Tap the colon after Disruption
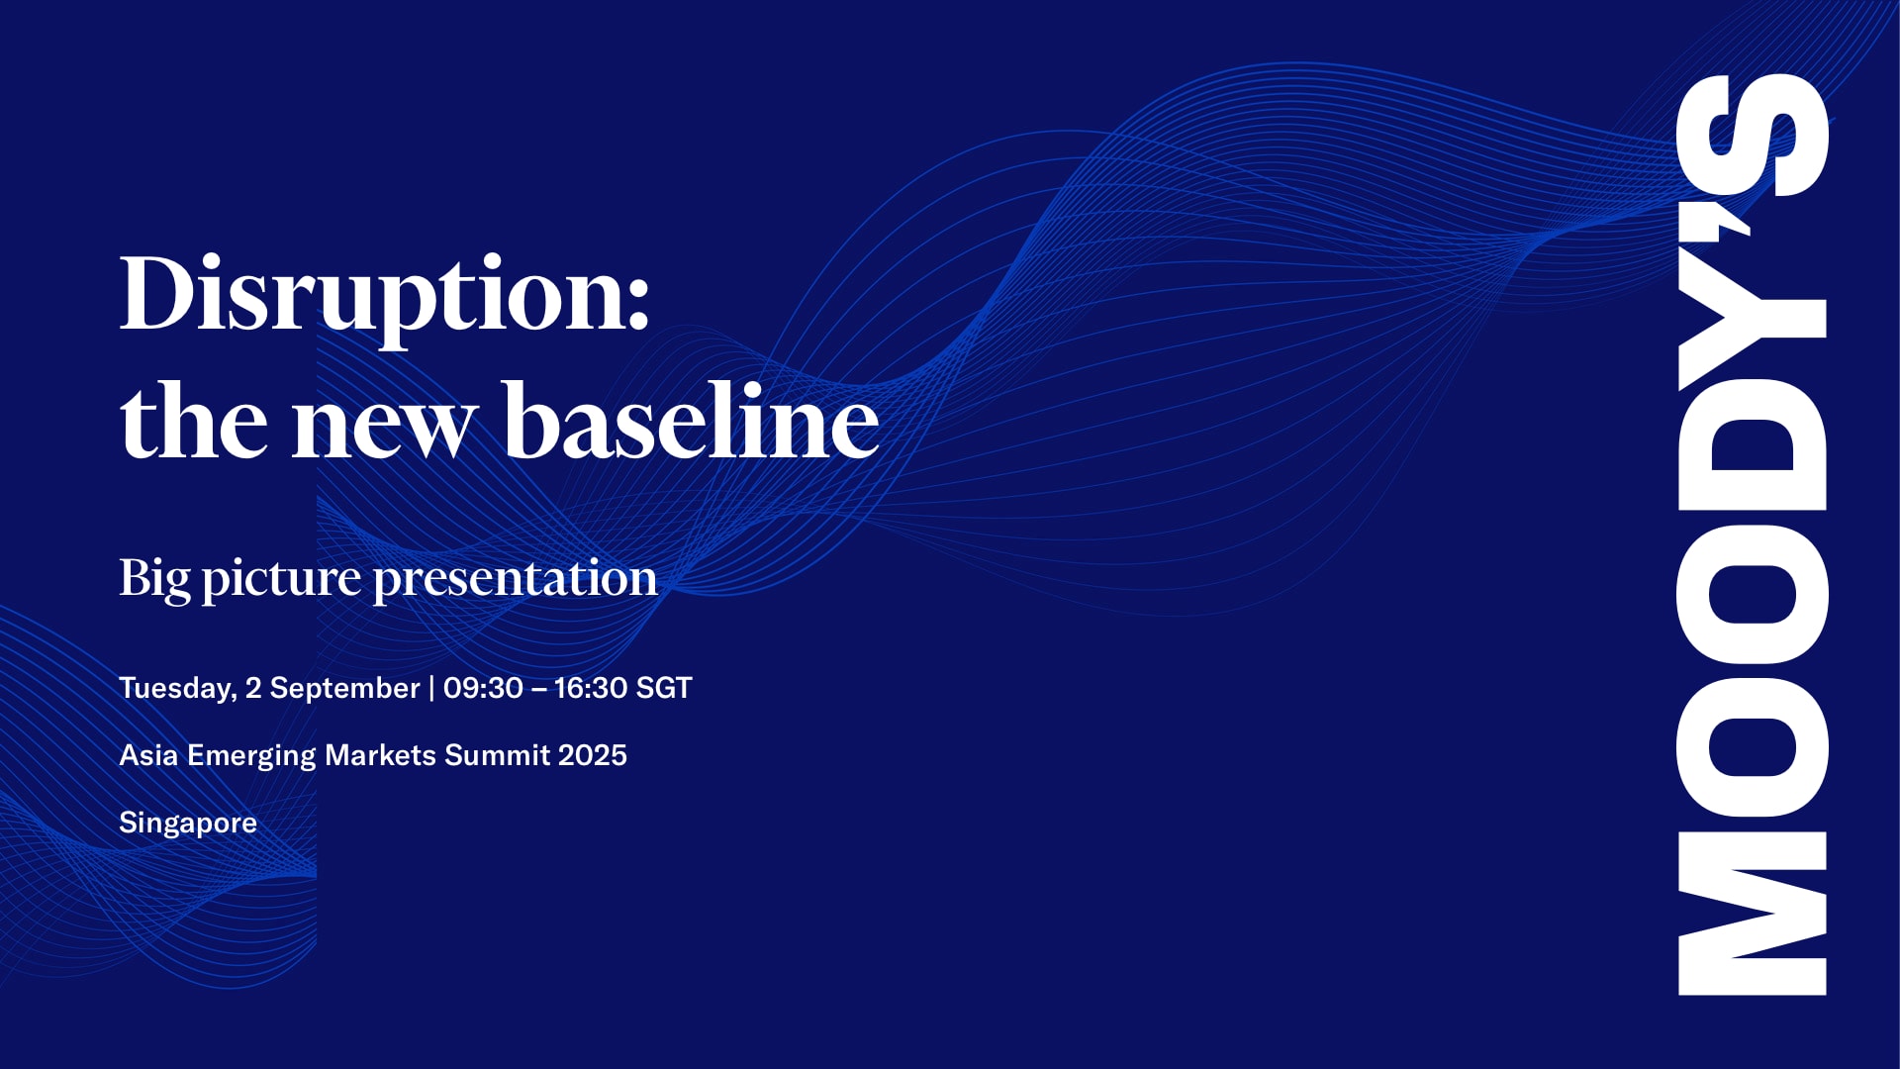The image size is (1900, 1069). tap(638, 303)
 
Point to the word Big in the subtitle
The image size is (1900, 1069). tap(154, 579)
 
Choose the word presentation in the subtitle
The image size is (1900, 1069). tap(515, 580)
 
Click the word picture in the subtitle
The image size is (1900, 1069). tap(281, 580)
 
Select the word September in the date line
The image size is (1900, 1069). tap(344, 688)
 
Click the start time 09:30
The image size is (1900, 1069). tap(483, 688)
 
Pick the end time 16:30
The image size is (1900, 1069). tap(591, 688)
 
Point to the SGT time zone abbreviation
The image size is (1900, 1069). tap(664, 688)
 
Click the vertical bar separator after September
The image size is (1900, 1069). tap(431, 688)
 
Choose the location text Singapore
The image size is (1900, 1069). tap(188, 824)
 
